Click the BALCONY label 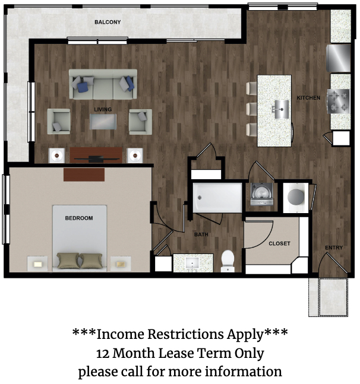108,23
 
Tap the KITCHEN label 308,98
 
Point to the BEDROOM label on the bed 79,218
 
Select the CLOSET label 279,244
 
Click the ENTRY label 334,248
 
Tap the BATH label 201,234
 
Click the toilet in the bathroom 228,261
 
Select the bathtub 217,198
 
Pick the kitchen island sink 282,109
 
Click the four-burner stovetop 339,101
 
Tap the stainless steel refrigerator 339,58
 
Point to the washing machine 262,194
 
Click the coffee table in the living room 103,122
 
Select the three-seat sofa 103,84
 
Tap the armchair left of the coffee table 59,122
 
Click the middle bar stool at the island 251,109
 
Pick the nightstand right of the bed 121,264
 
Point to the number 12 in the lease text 102,354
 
